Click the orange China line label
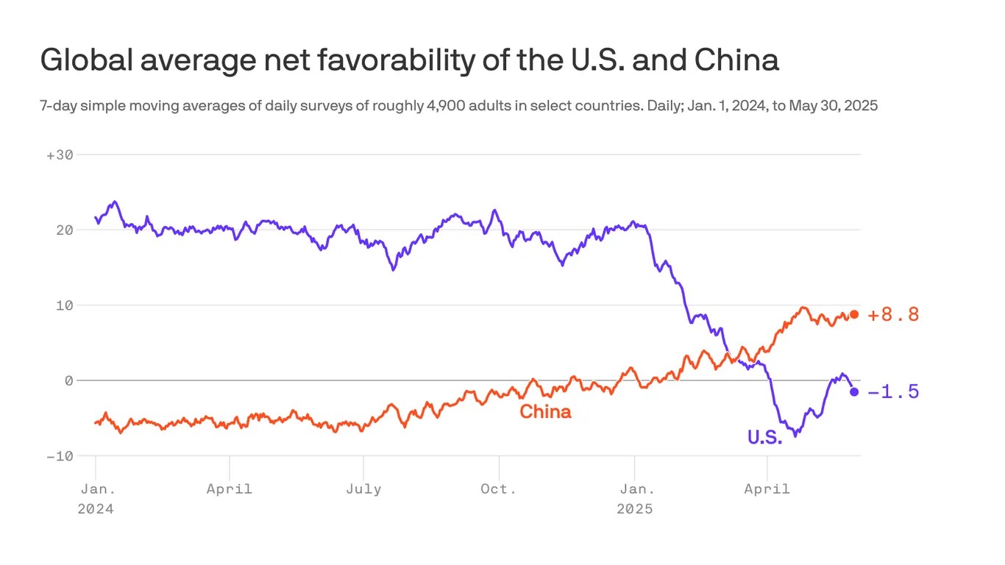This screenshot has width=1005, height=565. point(545,412)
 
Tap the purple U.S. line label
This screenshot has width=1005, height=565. point(764,437)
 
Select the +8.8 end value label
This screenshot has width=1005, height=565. point(893,315)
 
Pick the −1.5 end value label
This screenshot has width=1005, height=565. point(893,392)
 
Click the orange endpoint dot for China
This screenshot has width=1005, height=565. point(853,315)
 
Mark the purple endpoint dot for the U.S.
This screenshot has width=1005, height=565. point(853,391)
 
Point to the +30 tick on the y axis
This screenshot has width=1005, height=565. point(60,154)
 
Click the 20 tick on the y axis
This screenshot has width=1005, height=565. point(65,230)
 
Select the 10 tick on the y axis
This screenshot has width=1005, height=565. point(65,305)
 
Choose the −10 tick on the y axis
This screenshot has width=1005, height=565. point(60,456)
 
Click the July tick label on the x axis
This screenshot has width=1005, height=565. point(363,488)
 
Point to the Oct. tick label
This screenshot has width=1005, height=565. point(498,488)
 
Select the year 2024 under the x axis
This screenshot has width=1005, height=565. point(96,508)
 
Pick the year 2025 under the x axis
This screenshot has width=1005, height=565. point(634,508)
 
